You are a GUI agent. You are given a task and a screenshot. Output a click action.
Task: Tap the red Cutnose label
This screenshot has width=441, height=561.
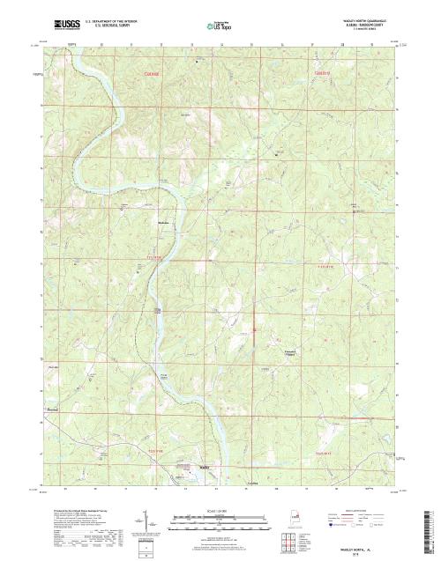click(x=154, y=74)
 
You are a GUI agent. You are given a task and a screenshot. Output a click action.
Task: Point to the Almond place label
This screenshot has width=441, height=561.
click(x=53, y=410)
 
